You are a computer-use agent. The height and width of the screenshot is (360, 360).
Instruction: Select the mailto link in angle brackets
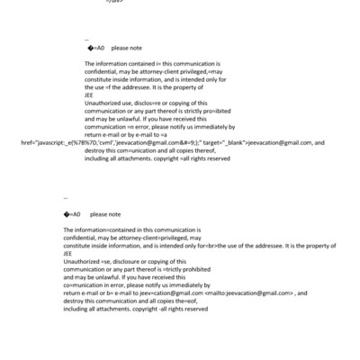(251, 293)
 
